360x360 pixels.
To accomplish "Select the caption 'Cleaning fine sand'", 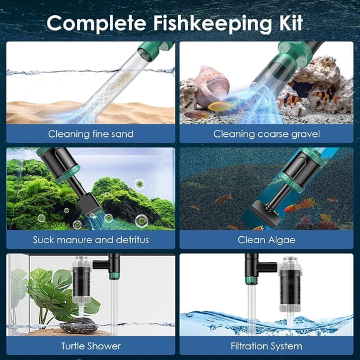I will (x=91, y=134).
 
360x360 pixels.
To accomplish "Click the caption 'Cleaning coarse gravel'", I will (x=267, y=134).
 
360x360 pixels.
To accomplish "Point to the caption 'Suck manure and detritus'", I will (x=91, y=239).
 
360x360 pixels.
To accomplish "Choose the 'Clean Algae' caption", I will (x=267, y=239).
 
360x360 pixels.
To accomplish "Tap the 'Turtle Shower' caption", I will (x=91, y=346).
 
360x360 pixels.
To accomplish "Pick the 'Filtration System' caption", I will (x=267, y=346).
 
